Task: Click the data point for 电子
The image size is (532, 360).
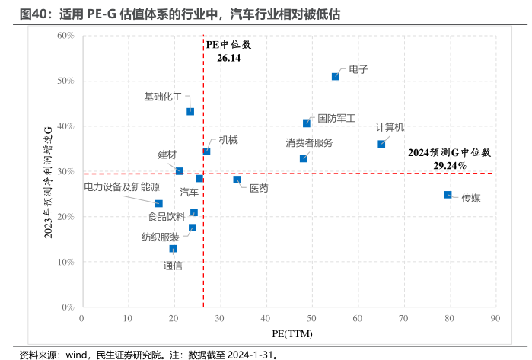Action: (x=336, y=76)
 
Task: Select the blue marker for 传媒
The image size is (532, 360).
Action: (x=448, y=195)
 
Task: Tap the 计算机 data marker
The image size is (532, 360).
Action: (x=381, y=144)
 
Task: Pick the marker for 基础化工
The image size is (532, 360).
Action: (x=190, y=111)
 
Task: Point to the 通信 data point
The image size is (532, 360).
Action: (x=174, y=249)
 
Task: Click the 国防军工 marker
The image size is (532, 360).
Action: (x=307, y=123)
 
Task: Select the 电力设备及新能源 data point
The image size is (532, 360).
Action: (x=159, y=203)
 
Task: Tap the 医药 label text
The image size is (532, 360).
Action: (x=259, y=188)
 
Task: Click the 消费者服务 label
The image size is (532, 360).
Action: (x=309, y=142)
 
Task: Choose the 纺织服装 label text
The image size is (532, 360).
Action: (x=161, y=237)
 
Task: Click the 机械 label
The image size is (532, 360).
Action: (x=228, y=139)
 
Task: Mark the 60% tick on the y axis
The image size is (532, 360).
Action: (x=65, y=36)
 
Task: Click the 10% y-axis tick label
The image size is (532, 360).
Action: (x=65, y=262)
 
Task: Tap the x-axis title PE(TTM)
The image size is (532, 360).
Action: (x=291, y=333)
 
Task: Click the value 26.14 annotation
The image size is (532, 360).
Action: (x=228, y=57)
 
